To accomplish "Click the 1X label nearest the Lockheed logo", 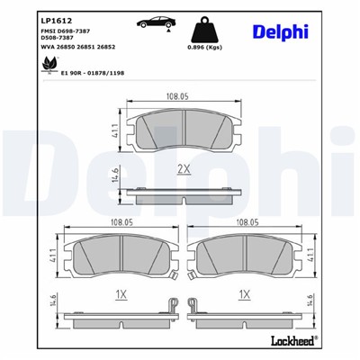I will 244,294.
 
